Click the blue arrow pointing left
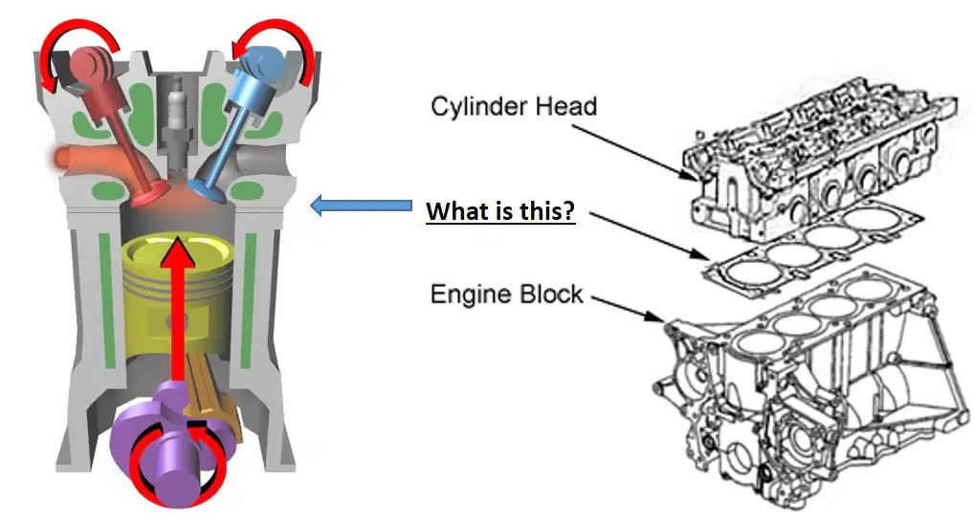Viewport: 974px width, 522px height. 361,206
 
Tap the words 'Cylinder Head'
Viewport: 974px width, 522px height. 514,106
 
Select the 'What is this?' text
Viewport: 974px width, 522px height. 500,211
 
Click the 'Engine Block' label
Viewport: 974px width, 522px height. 507,294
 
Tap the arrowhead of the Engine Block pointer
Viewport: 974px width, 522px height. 656,317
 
